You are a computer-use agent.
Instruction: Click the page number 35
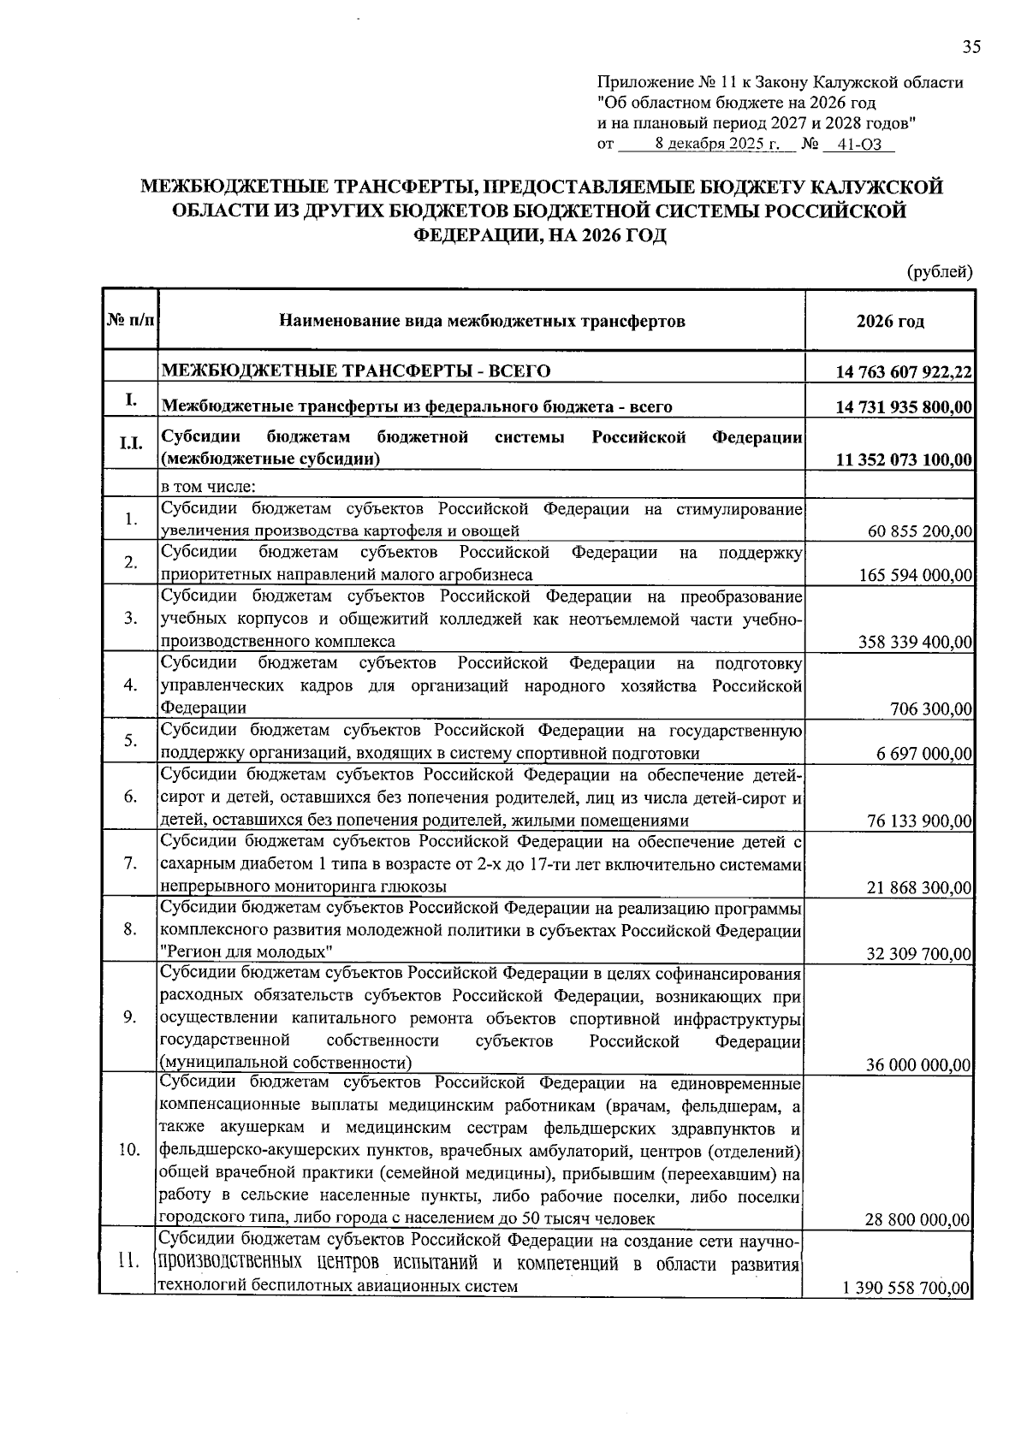(971, 48)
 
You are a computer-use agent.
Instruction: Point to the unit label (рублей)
(940, 272)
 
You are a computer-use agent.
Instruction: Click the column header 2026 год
(890, 322)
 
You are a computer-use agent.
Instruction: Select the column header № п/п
(130, 322)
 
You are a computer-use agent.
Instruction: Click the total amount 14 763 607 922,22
(904, 371)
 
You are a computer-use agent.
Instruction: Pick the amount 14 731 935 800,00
(904, 407)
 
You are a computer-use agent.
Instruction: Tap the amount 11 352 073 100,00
(904, 460)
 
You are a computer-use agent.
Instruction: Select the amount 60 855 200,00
(920, 532)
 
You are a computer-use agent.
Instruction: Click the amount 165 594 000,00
(916, 576)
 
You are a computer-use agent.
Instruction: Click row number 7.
(130, 862)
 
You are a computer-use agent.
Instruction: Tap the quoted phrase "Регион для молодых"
(246, 952)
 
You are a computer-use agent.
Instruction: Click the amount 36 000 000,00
(918, 1064)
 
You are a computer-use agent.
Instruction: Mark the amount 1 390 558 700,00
(907, 1288)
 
